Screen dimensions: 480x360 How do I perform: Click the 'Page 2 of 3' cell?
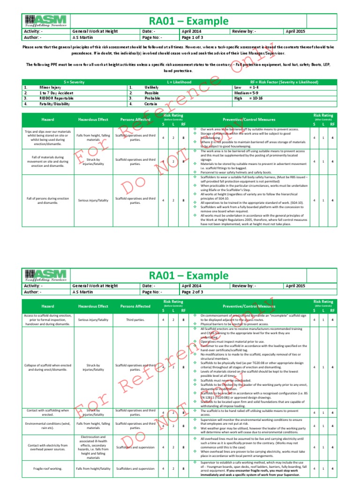point(193,291)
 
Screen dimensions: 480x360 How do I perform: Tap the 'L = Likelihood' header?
point(180,82)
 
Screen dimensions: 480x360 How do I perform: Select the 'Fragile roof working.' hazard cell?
point(46,468)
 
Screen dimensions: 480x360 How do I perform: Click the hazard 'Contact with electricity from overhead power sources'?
point(46,448)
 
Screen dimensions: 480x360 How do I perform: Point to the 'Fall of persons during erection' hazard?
point(46,200)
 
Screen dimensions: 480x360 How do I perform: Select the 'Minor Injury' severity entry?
point(50,87)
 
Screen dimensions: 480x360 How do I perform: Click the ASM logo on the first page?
point(46,21)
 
